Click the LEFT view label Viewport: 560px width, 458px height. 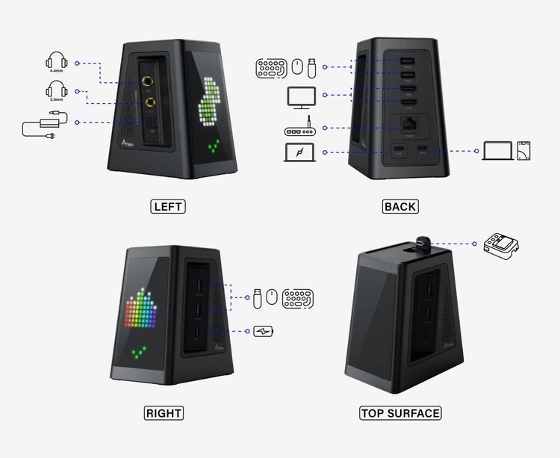click(167, 206)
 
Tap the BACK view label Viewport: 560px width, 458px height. click(400, 206)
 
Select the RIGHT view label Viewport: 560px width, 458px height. click(164, 412)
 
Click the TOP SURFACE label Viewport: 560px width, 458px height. click(400, 412)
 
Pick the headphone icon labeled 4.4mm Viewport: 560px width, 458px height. click(57, 61)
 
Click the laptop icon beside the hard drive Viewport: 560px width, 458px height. click(498, 151)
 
